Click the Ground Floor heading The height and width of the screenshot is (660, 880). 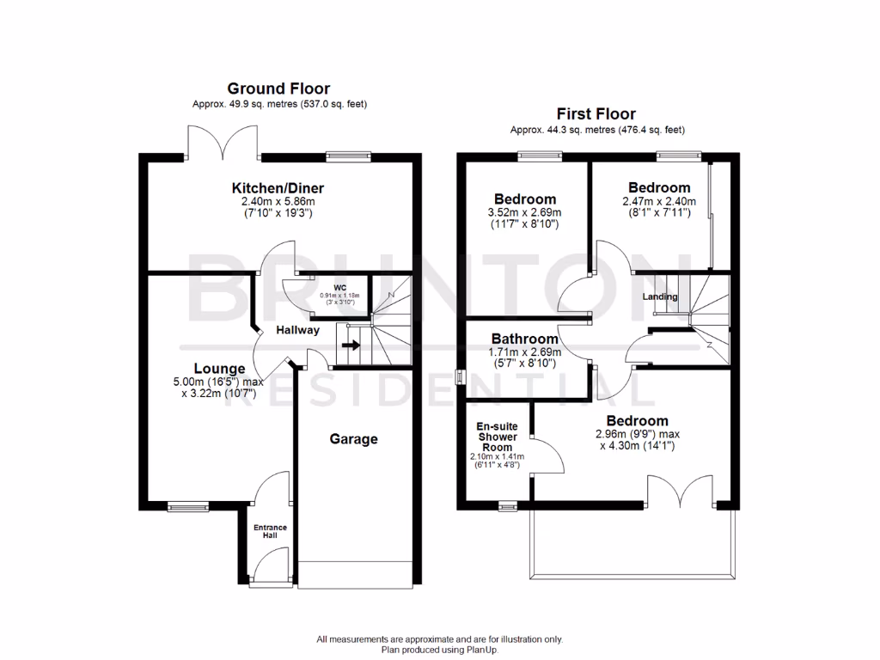tap(278, 89)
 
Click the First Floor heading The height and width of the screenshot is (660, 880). tap(596, 113)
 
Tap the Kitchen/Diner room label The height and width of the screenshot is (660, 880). tap(278, 188)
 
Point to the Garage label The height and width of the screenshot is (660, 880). tap(354, 439)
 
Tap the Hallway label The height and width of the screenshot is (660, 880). tap(297, 330)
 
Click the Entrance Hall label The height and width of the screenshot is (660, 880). tap(270, 532)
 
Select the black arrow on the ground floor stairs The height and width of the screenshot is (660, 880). tap(351, 345)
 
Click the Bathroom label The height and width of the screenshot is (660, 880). tap(524, 339)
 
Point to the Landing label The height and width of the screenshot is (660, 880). tap(660, 297)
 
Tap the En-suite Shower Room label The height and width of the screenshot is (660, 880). tap(497, 437)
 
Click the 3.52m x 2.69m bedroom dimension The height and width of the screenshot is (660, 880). tap(523, 213)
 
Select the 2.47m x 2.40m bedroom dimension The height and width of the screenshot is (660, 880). tap(659, 201)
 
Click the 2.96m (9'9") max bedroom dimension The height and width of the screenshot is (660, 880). tap(637, 435)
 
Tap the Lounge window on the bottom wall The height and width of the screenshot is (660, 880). tap(183, 506)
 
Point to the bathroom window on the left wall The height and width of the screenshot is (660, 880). tap(459, 377)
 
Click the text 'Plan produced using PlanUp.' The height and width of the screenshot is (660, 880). tap(439, 650)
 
